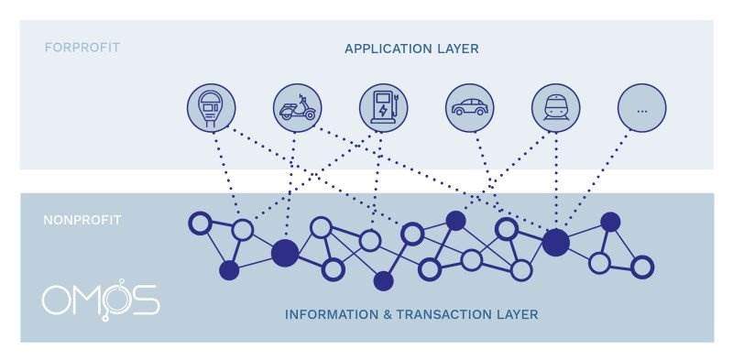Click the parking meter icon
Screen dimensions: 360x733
(x=211, y=108)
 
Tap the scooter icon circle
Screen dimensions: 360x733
(x=297, y=108)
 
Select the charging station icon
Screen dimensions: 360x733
(x=383, y=108)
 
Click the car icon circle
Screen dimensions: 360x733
(x=469, y=108)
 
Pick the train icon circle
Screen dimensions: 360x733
(x=555, y=108)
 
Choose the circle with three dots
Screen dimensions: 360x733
(x=641, y=108)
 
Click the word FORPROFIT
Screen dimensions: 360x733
(x=82, y=47)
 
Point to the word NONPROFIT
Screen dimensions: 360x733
(x=82, y=220)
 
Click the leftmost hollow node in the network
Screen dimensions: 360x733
(x=199, y=222)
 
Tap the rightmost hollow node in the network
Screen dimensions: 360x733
(x=642, y=267)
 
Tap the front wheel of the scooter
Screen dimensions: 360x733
(x=311, y=115)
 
